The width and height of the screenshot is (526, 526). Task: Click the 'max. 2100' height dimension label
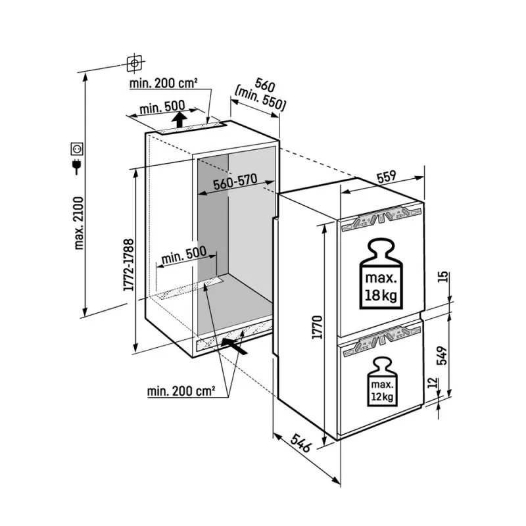coord(79,223)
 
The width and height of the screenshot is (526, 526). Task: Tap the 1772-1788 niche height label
coord(129,265)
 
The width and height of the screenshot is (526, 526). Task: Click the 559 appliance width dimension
coord(386,177)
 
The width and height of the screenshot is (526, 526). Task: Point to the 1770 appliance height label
coord(317,327)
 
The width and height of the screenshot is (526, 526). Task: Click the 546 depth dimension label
coord(301,442)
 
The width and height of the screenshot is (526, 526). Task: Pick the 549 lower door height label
coord(442,355)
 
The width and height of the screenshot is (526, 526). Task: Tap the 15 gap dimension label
coord(442,277)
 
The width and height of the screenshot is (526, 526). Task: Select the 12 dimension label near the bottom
coord(434,383)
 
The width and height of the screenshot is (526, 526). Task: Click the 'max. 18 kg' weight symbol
coord(381,274)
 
